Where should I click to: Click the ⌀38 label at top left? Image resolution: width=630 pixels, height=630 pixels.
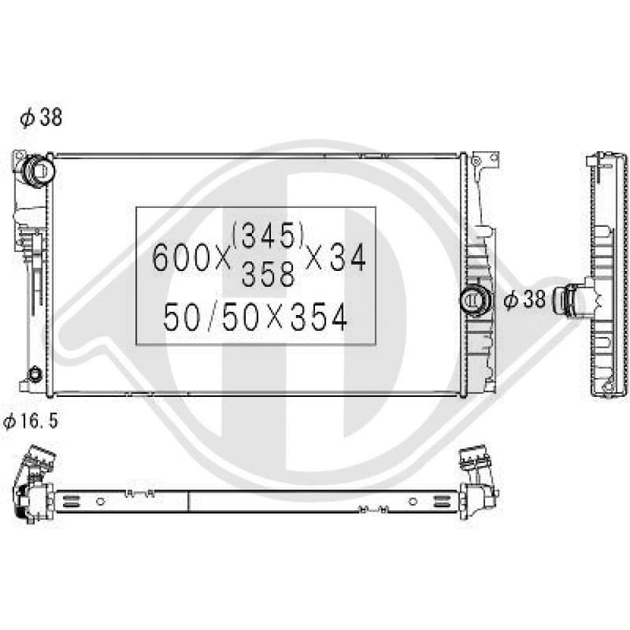pyautogui.click(x=41, y=117)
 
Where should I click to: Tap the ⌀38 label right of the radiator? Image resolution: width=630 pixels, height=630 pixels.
pyautogui.click(x=524, y=299)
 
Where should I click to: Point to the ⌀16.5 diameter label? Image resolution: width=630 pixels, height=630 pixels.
pyautogui.click(x=31, y=421)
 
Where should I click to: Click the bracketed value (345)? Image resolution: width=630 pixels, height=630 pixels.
pyautogui.click(x=268, y=235)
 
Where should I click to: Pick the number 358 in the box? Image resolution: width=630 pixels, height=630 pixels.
pyautogui.click(x=268, y=274)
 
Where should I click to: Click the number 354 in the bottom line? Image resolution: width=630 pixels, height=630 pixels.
pyautogui.click(x=319, y=317)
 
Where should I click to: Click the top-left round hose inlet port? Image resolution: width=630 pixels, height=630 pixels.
pyautogui.click(x=39, y=170)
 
